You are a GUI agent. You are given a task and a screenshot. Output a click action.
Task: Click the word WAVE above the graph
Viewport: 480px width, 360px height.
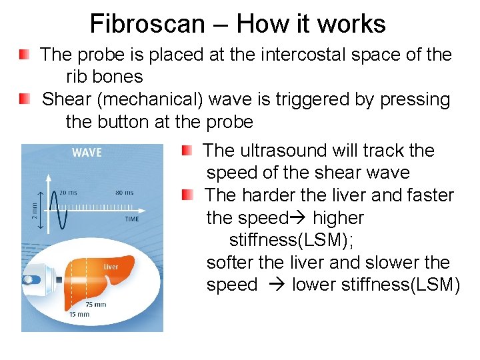pyautogui.click(x=87, y=153)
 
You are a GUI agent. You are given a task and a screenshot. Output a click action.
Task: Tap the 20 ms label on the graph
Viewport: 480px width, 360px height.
pyautogui.click(x=67, y=193)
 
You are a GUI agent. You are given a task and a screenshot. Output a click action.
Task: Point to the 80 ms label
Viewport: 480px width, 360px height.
pyautogui.click(x=124, y=193)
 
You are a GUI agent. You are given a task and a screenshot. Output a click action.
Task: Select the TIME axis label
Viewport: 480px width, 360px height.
pyautogui.click(x=132, y=219)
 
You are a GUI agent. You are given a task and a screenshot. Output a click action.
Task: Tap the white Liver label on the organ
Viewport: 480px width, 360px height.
pyautogui.click(x=111, y=267)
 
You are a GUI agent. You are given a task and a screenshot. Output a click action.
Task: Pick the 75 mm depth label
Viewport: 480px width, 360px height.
pyautogui.click(x=95, y=304)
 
